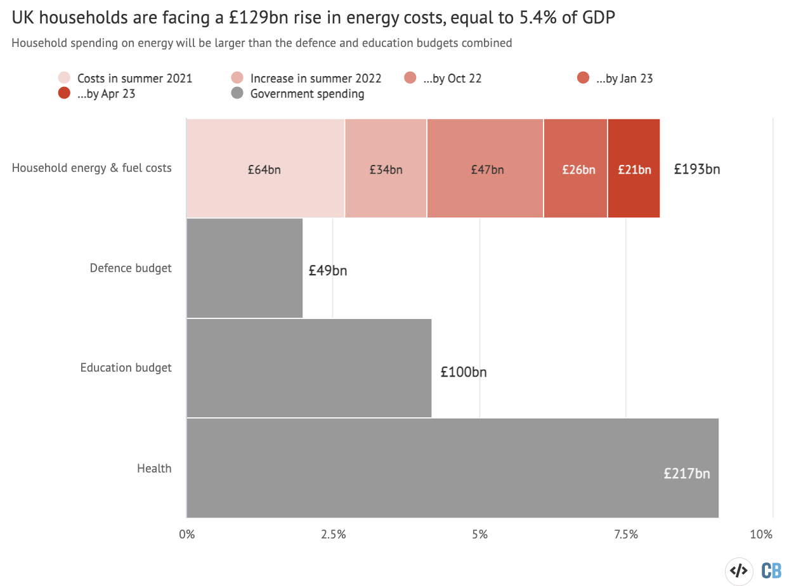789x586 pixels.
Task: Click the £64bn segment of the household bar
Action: pos(265,169)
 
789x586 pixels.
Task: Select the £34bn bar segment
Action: pos(386,169)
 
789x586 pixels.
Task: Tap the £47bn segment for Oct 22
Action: pos(485,169)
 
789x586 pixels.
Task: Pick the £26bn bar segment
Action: pos(575,169)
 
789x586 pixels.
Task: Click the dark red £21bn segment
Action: pos(634,169)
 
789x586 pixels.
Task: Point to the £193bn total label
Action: pos(696,169)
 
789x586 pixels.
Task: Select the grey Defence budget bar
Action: pos(245,268)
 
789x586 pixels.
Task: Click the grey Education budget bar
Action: pos(309,368)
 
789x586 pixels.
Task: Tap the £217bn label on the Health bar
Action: pos(686,473)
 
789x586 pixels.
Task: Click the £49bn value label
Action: pos(328,271)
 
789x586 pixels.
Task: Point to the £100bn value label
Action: pos(464,372)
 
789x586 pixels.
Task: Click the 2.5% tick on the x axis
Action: pos(333,534)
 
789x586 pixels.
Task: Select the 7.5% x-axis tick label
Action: pos(626,534)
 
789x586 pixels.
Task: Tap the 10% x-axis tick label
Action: pos(761,534)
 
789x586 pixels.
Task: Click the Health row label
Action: pos(154,469)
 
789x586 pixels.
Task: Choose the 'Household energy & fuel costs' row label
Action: pos(92,168)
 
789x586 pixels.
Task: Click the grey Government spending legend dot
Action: pos(238,94)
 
